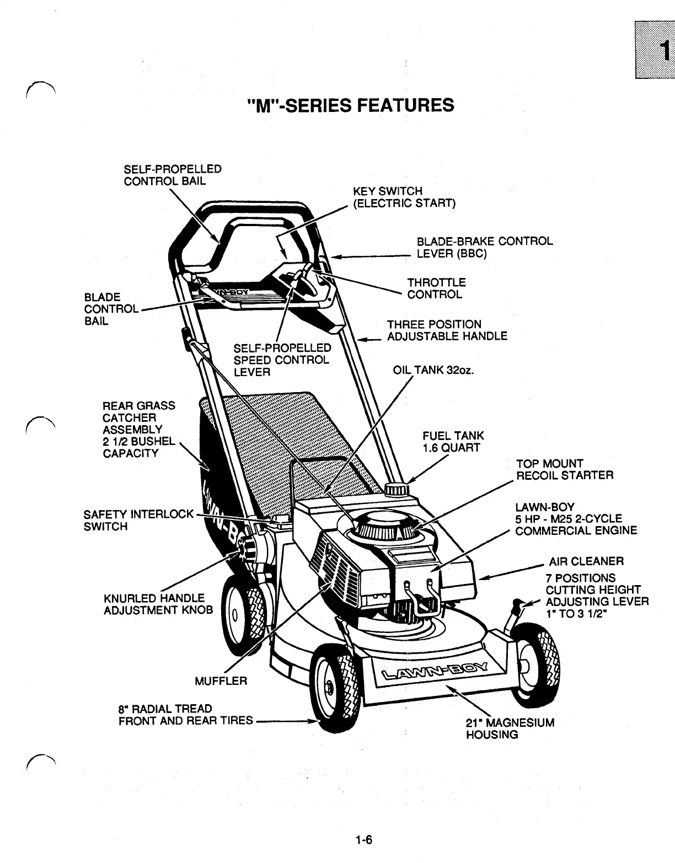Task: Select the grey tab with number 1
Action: pyautogui.click(x=655, y=50)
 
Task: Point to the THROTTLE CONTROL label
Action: pyautogui.click(x=436, y=288)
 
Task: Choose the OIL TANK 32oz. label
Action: pyautogui.click(x=433, y=370)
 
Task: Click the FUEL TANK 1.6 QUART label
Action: pyautogui.click(x=452, y=442)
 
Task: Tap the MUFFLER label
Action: pyautogui.click(x=221, y=681)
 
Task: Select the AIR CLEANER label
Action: pyautogui.click(x=586, y=561)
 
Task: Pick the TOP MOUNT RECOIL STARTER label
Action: pyautogui.click(x=564, y=469)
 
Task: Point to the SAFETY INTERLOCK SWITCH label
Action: pyautogui.click(x=138, y=520)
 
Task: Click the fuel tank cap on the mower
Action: pyautogui.click(x=395, y=489)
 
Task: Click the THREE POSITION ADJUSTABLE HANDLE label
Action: pyautogui.click(x=447, y=330)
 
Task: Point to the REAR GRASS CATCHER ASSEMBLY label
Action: pyautogui.click(x=138, y=429)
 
